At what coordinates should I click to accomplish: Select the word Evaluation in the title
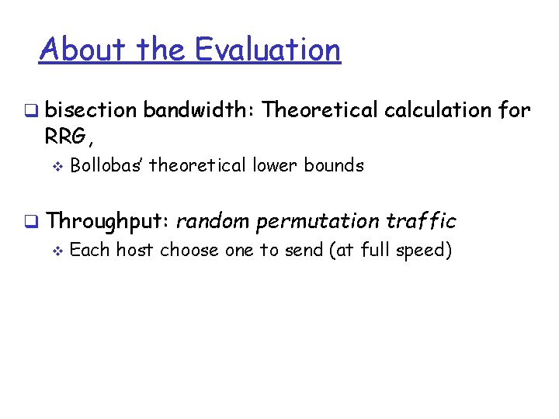click(x=267, y=50)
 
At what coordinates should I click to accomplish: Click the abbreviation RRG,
click(x=70, y=138)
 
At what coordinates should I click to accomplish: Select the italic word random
click(x=213, y=221)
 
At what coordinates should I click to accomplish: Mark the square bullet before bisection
click(x=29, y=111)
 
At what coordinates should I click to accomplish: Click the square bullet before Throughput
click(x=29, y=222)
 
